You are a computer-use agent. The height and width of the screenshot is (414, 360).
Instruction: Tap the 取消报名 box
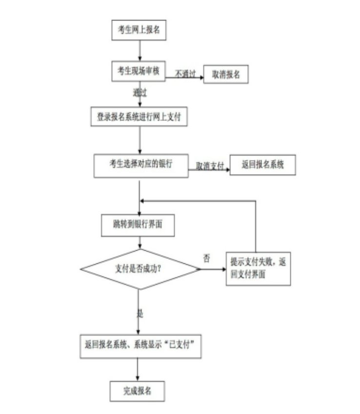coord(225,74)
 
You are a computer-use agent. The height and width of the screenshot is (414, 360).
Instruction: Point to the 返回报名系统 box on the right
coord(262,166)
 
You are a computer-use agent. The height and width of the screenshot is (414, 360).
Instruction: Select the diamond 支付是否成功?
coord(140,269)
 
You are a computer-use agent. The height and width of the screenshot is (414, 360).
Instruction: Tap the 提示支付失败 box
coord(258,268)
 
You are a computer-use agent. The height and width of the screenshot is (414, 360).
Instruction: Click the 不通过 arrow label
coord(185,74)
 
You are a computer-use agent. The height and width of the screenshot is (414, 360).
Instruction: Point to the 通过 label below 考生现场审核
coord(140,92)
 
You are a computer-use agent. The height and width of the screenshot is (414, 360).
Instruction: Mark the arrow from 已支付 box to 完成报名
coord(138,369)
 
